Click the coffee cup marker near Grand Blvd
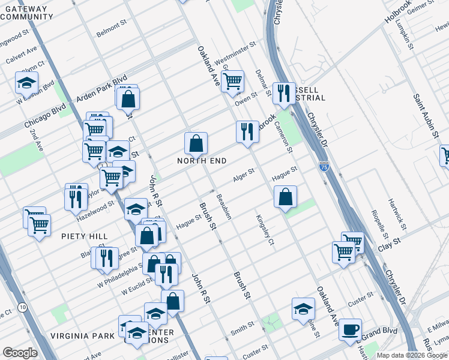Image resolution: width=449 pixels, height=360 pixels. [350, 329]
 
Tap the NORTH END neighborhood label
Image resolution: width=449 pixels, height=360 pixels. [202, 161]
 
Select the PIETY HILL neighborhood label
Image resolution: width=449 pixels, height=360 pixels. [84, 236]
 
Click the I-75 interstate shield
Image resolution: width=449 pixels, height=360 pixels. [324, 166]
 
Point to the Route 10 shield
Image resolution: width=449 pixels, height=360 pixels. [23, 307]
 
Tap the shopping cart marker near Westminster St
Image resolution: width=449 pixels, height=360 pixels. [232, 82]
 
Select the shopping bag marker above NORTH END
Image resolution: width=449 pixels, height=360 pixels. [196, 144]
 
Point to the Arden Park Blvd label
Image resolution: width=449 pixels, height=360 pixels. [100, 89]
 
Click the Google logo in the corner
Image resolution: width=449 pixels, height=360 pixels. [20, 353]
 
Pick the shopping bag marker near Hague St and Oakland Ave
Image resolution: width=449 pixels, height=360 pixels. [286, 197]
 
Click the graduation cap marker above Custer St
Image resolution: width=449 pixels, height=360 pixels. [304, 310]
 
